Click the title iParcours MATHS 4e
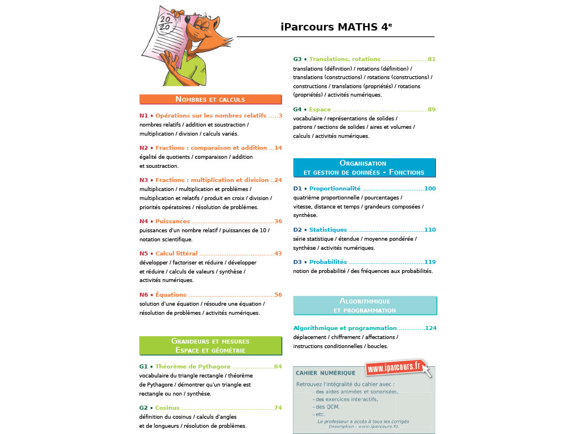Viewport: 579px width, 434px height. [336, 27]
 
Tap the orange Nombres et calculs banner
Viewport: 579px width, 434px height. [210, 99]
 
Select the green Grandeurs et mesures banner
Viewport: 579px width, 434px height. [210, 345]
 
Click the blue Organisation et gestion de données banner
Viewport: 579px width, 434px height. [364, 167]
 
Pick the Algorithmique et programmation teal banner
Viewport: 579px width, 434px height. [365, 306]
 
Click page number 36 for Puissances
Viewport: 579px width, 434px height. [278, 222]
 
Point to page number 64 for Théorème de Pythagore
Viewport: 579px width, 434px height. [278, 367]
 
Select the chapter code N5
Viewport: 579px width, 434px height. [144, 254]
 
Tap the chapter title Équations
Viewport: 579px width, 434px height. [171, 295]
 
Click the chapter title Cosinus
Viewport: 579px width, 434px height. [167, 408]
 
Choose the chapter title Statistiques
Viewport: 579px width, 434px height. [328, 230]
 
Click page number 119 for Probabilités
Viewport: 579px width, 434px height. [430, 262]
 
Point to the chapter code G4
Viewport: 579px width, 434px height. [297, 110]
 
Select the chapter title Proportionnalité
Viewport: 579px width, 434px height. [335, 189]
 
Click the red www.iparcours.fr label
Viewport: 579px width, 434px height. [395, 367]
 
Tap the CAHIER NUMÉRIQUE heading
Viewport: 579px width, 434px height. [326, 373]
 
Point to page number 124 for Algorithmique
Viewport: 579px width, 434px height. [430, 328]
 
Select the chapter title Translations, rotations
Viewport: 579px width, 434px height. [345, 59]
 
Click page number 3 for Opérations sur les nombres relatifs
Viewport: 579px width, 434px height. [280, 116]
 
